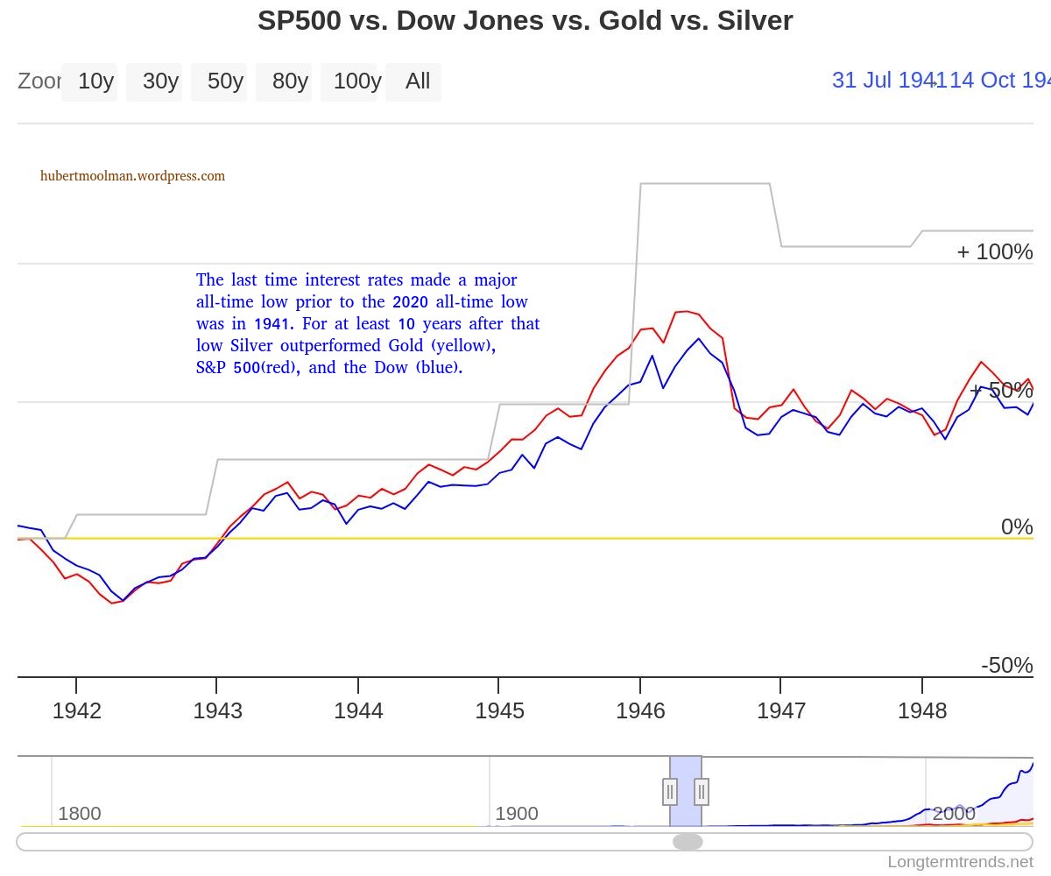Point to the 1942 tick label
[x=77, y=710]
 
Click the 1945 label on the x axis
[x=499, y=710]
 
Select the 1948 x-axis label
[x=922, y=710]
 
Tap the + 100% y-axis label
[x=995, y=252]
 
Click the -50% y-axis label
[x=1007, y=665]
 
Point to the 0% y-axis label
[x=1017, y=526]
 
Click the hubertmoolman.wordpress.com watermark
[x=132, y=176]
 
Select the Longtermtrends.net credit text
[x=961, y=862]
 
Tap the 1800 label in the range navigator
[x=80, y=814]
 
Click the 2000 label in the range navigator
[x=954, y=814]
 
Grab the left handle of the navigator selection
[x=670, y=791]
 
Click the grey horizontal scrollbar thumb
[x=688, y=842]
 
